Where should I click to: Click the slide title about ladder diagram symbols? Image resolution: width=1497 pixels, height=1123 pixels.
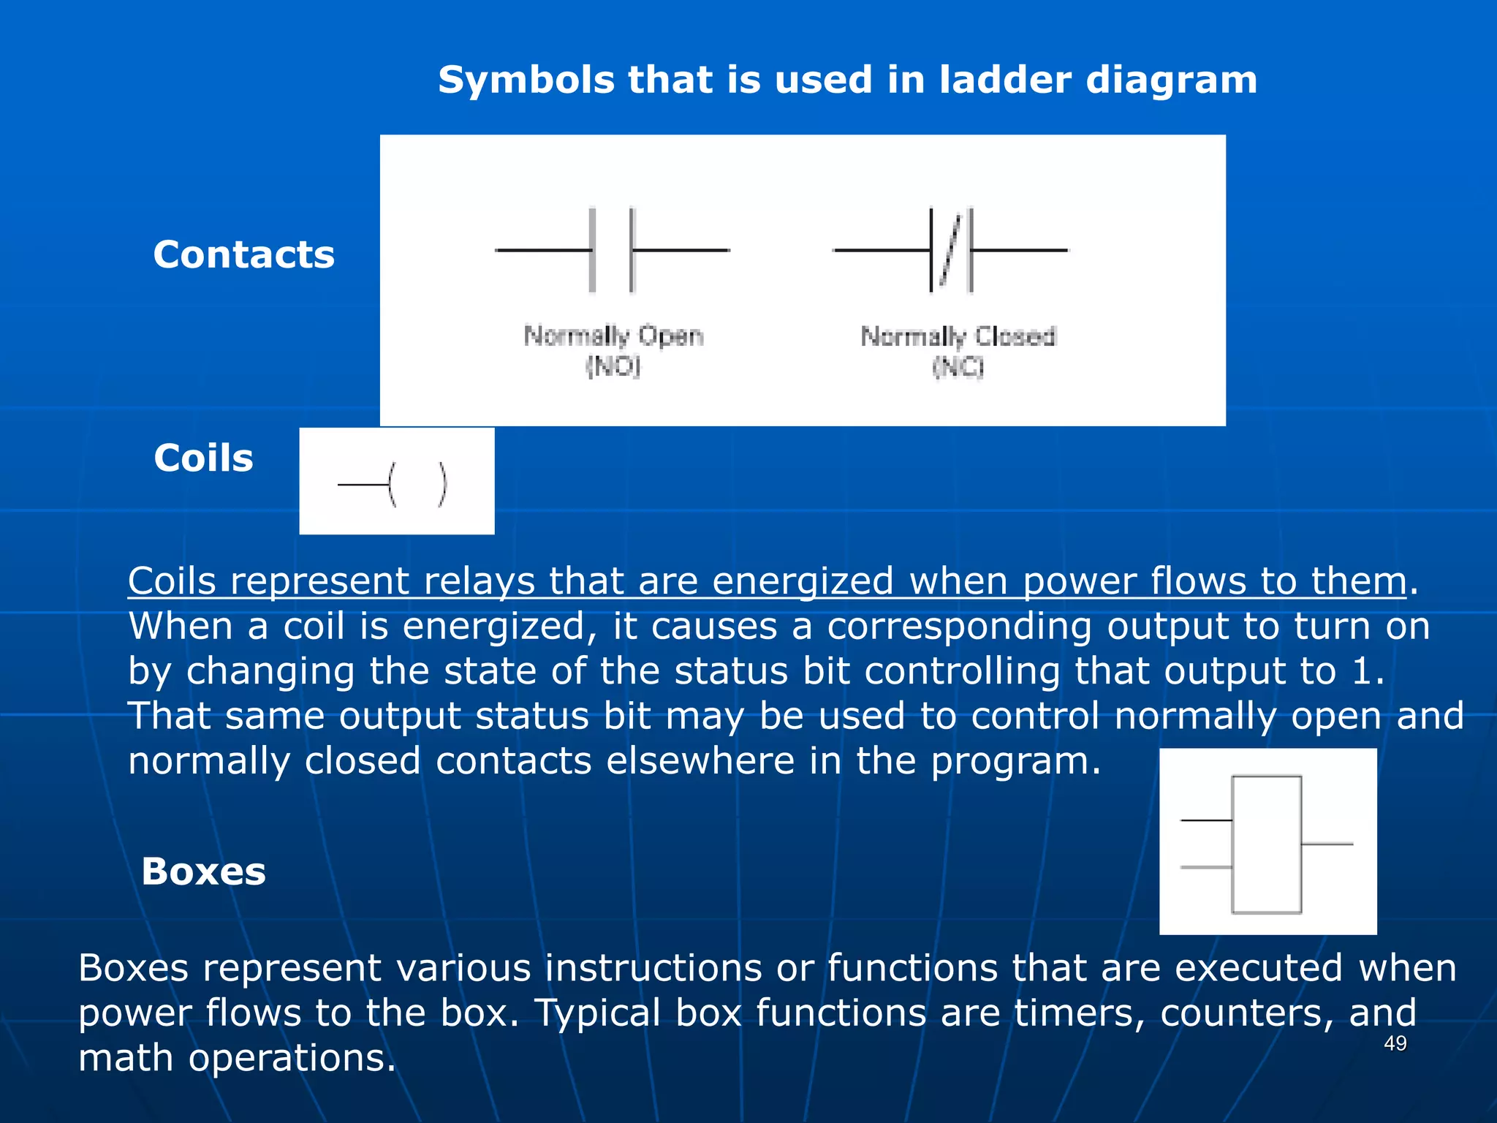(x=847, y=80)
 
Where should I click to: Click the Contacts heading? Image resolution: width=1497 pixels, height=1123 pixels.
(x=243, y=255)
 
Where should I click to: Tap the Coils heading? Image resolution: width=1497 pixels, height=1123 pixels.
(x=203, y=458)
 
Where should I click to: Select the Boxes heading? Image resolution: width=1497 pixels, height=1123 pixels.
(x=203, y=871)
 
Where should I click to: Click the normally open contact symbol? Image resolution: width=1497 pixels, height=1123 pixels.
(x=613, y=250)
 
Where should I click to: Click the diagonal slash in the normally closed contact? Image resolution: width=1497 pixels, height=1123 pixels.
(x=950, y=250)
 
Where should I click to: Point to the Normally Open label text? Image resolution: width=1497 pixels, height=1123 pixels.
(x=613, y=336)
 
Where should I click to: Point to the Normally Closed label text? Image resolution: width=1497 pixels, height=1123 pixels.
(x=958, y=336)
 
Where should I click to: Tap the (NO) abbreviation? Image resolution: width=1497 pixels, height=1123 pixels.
(x=613, y=366)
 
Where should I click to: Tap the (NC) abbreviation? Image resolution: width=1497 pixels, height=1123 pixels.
(x=958, y=366)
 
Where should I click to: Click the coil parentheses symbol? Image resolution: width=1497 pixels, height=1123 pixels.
(x=417, y=484)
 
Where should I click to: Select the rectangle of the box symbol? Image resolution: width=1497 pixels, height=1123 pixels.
(x=1266, y=844)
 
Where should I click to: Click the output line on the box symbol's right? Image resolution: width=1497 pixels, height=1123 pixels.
(x=1327, y=844)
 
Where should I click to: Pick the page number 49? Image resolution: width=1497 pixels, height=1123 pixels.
(x=1395, y=1043)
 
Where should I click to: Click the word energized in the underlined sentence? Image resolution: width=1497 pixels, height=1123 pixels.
(x=802, y=581)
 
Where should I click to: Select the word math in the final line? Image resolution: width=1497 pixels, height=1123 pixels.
(x=126, y=1058)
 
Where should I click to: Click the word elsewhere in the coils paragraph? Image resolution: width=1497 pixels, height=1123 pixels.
(x=700, y=761)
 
